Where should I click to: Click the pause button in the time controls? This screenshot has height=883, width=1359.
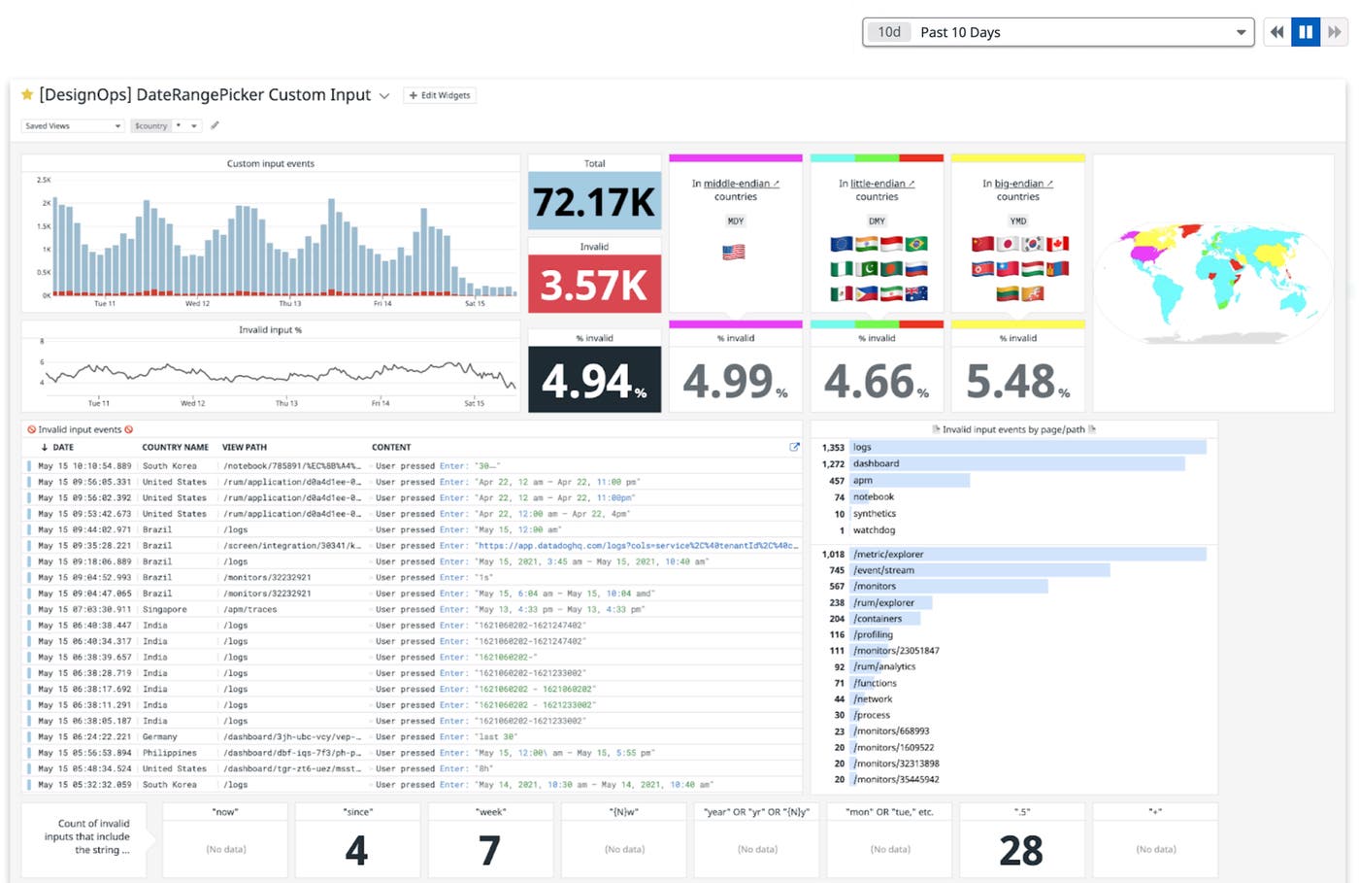pos(1306,32)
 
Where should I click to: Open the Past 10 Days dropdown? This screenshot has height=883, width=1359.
pos(1057,32)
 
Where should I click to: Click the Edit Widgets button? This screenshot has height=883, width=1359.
pos(440,95)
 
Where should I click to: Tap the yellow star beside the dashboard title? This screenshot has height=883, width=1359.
pos(27,94)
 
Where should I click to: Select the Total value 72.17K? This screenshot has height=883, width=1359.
pos(594,202)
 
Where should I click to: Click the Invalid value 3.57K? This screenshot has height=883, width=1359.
pos(594,285)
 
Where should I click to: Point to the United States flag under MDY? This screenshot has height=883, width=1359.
pos(734,252)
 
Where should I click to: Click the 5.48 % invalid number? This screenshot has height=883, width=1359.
pos(1017,382)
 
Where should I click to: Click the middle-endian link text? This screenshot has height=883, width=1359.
pos(737,184)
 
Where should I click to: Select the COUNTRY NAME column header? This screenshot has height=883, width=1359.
pos(175,448)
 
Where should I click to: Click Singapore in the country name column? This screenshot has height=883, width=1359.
pos(164,610)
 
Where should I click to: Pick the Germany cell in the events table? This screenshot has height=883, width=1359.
pos(159,737)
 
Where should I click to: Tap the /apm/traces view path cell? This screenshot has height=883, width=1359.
pos(250,610)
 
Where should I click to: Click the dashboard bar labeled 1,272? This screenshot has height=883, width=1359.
pos(1017,464)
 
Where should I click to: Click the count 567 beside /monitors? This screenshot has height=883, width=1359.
pos(836,587)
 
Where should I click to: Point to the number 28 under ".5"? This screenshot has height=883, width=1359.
pos(1021,851)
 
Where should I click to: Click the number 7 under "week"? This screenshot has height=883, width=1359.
pos(489,851)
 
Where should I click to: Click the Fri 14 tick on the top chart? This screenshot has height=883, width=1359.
pos(382,304)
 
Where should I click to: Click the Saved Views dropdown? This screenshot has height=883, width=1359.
pos(73,126)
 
